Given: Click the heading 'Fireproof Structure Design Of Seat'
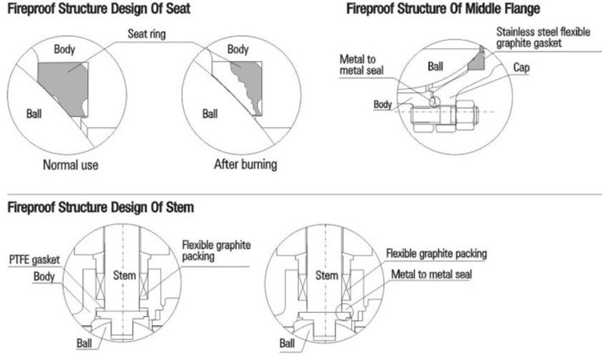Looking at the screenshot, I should [x=98, y=8].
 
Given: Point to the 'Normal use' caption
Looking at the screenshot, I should [x=71, y=165].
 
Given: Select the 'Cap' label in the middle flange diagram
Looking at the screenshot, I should [x=521, y=68].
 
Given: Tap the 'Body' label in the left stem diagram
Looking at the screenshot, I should [x=44, y=277].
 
